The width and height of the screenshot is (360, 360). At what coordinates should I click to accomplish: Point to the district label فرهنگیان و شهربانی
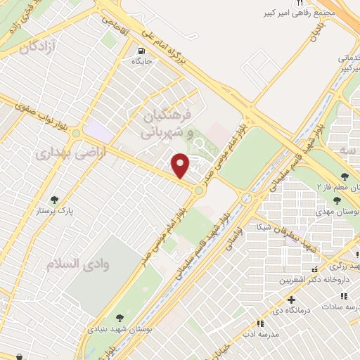166,122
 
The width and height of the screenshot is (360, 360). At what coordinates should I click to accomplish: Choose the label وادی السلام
72,264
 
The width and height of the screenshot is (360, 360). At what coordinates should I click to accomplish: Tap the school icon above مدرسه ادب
260,323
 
